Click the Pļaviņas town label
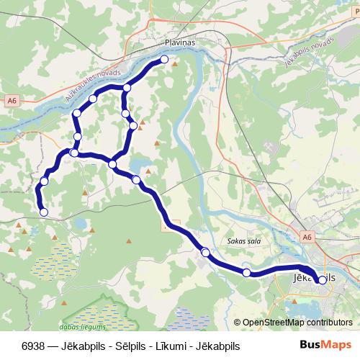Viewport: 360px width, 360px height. pyautogui.click(x=180, y=42)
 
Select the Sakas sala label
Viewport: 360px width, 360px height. pyautogui.click(x=241, y=243)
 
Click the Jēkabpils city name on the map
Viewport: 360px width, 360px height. pyautogui.click(x=315, y=276)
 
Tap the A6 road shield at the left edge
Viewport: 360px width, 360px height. pyautogui.click(x=9, y=101)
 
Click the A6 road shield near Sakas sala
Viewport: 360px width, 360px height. pyautogui.click(x=307, y=236)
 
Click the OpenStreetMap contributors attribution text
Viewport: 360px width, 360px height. pyautogui.click(x=297, y=323)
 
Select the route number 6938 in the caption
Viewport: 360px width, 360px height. pyautogui.click(x=34, y=345)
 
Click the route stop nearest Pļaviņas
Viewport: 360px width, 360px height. pyautogui.click(x=164, y=60)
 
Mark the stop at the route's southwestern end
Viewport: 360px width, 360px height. pyautogui.click(x=44, y=212)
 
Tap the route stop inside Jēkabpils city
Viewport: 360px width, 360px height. pyautogui.click(x=321, y=281)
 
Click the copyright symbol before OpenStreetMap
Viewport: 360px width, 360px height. pyautogui.click(x=237, y=323)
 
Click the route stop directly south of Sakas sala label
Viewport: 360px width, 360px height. pyautogui.click(x=247, y=272)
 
